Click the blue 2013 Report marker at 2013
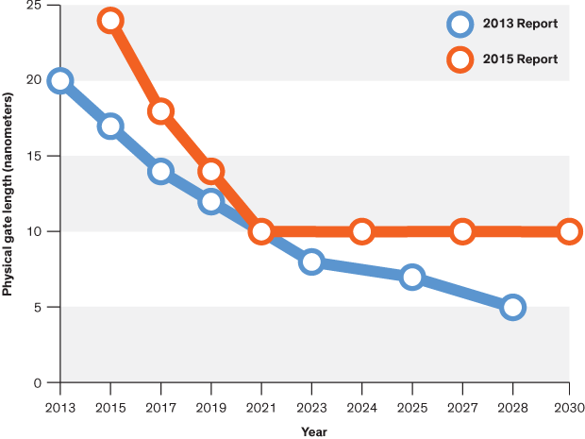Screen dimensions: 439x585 point(60,81)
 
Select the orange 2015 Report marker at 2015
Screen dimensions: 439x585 point(110,21)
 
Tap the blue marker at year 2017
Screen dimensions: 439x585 point(160,171)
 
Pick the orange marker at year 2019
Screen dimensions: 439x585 point(210,171)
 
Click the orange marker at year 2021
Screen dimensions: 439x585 point(261,231)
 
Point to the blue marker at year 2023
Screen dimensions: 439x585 point(311,262)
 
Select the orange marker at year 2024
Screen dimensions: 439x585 point(361,231)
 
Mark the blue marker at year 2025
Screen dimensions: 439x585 point(411,277)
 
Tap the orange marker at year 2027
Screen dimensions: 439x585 point(462,231)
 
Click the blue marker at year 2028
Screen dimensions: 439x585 point(512,307)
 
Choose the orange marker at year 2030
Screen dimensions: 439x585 point(569,231)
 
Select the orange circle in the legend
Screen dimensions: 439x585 point(460,59)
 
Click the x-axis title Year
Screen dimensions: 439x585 point(314,431)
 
